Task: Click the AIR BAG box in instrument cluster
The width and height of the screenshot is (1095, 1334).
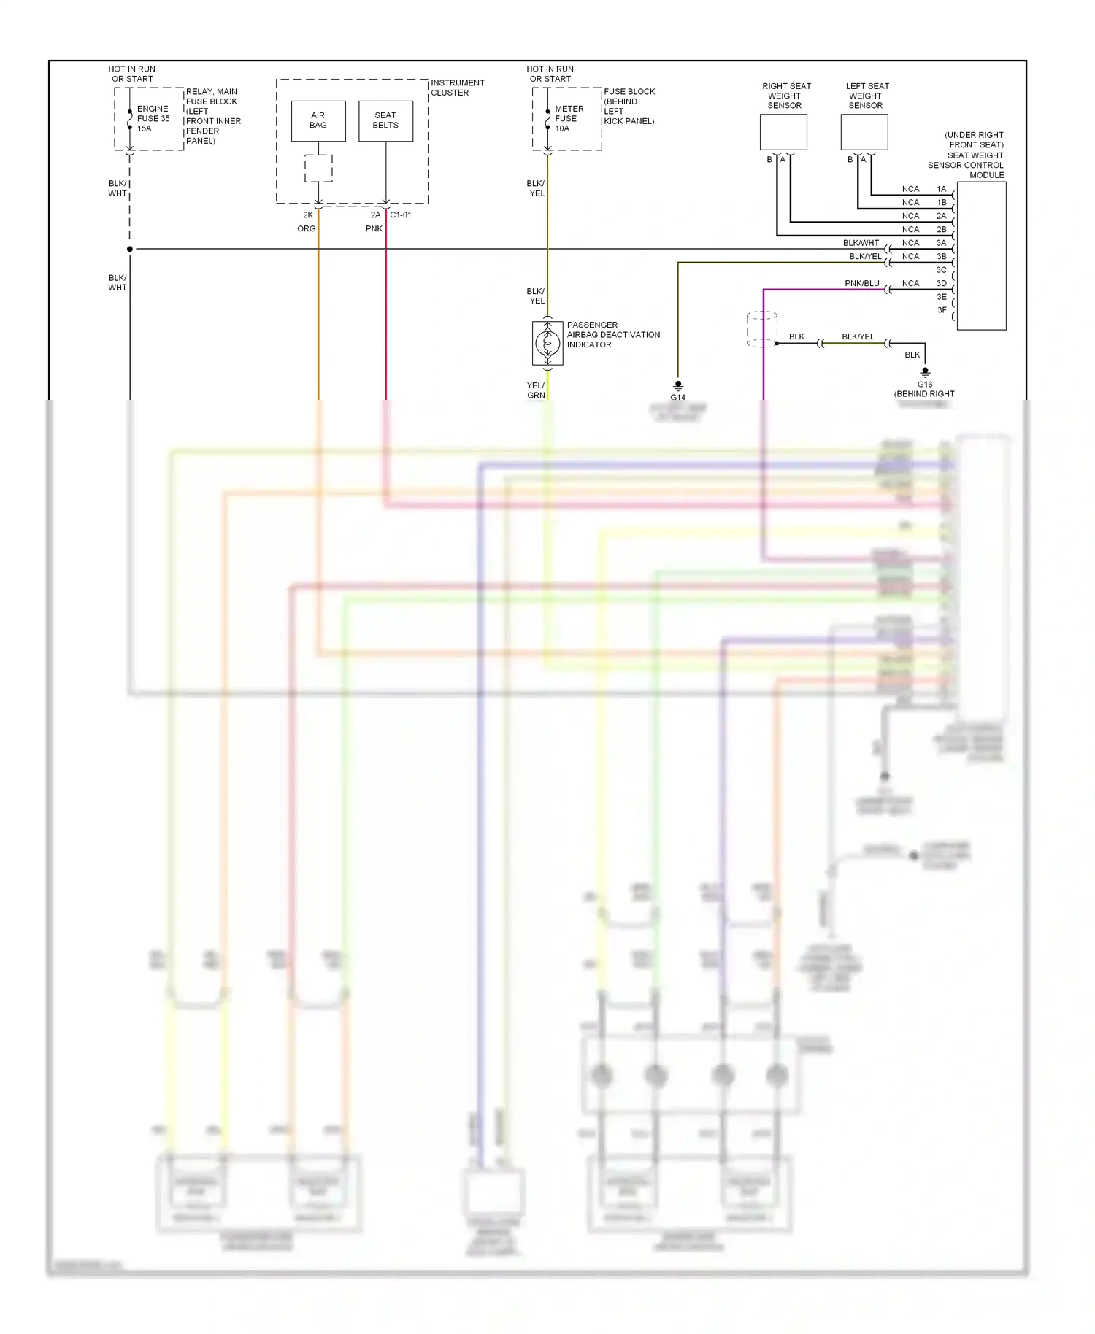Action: click(x=318, y=120)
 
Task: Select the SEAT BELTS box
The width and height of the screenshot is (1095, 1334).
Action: click(x=385, y=120)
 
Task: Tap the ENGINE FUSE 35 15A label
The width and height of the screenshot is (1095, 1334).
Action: click(x=153, y=118)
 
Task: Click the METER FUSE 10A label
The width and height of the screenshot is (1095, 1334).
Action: click(x=569, y=118)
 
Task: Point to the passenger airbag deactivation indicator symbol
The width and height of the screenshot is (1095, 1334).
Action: click(x=547, y=342)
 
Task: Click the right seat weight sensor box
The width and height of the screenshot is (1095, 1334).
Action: click(x=783, y=132)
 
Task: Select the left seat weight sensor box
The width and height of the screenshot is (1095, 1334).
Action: click(x=864, y=132)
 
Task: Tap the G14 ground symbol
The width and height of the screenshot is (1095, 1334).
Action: click(x=678, y=385)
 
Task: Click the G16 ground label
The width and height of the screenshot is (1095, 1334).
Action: click(x=925, y=384)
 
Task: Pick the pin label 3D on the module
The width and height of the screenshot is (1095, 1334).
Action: click(x=942, y=283)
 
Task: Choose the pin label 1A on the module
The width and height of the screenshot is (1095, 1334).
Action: click(x=942, y=189)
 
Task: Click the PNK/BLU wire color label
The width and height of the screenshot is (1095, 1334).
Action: click(x=861, y=283)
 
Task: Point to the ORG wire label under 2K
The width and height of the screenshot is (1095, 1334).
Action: click(x=307, y=228)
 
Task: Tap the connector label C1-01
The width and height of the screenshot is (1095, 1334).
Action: click(x=401, y=215)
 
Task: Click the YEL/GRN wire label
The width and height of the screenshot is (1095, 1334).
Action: click(x=536, y=390)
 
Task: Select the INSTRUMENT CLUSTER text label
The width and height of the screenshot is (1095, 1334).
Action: click(x=457, y=88)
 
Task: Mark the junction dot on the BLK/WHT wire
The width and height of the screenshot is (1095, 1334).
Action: click(x=130, y=249)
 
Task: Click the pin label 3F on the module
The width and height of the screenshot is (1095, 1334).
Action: click(x=942, y=310)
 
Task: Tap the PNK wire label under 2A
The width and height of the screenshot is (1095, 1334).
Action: click(x=374, y=228)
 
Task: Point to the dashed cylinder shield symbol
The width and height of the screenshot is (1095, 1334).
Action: click(x=761, y=329)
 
